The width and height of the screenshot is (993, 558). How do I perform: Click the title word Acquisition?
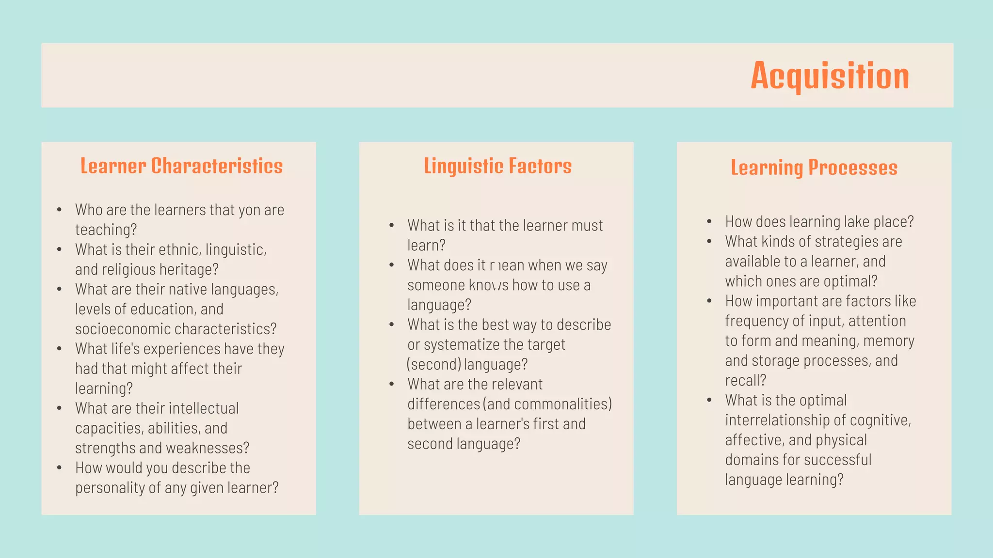pyautogui.click(x=830, y=76)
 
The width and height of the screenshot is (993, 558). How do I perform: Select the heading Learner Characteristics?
pyautogui.click(x=181, y=166)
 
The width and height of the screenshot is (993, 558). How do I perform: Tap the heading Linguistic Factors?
pyautogui.click(x=497, y=166)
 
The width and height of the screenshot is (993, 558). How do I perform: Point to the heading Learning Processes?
pyautogui.click(x=814, y=168)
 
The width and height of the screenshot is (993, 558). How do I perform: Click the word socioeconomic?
pyautogui.click(x=123, y=329)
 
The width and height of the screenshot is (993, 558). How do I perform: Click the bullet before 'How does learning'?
pyautogui.click(x=709, y=222)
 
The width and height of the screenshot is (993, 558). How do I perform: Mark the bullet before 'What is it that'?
pyautogui.click(x=392, y=226)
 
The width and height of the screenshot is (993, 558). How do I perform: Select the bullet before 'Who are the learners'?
pyautogui.click(x=59, y=210)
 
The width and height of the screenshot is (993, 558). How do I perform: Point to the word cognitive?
pyautogui.click(x=879, y=420)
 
